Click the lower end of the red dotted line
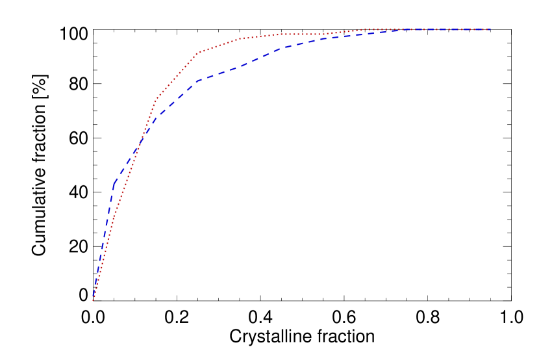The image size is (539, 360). click(93, 300)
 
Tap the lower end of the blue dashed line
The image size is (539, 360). click(94, 300)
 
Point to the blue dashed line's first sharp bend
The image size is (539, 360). click(114, 183)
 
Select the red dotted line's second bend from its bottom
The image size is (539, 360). click(155, 99)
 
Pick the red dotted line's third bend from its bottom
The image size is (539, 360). click(197, 53)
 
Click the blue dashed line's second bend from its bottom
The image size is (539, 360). click(155, 116)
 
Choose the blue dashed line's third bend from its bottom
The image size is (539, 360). click(197, 81)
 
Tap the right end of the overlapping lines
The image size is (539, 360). click(489, 29)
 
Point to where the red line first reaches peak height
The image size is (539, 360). click(364, 29)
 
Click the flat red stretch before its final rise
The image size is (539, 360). click(305, 34)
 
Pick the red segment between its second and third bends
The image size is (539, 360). click(176, 77)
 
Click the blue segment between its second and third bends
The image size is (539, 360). click(176, 99)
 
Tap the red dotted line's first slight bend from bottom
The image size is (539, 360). click(114, 214)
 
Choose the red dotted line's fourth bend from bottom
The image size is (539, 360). click(240, 38)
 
